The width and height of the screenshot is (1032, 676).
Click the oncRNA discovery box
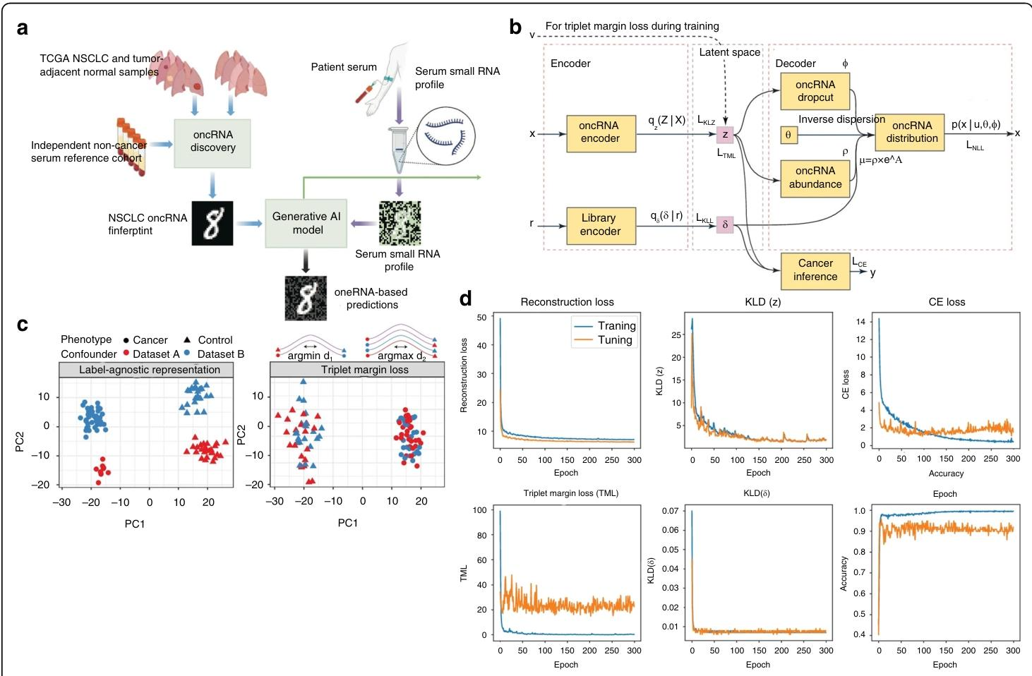[x=212, y=142]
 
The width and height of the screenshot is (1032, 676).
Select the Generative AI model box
[x=307, y=223]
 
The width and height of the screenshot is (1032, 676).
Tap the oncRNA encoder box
[x=600, y=132]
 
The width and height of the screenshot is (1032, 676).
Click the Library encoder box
[x=600, y=225]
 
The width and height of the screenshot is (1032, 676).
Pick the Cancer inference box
[x=815, y=270]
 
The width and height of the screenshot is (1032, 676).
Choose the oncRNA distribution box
[x=911, y=132]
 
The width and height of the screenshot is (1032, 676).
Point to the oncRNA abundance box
[x=815, y=177]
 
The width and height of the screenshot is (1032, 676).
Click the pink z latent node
[x=725, y=134]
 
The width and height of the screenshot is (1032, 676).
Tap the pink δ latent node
[x=725, y=225]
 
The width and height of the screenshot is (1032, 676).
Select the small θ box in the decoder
[x=788, y=134]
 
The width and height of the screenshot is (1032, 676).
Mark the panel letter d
[x=466, y=299]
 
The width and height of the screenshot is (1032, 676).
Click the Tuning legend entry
[x=614, y=340]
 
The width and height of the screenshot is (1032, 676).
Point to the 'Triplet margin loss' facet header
[x=364, y=370]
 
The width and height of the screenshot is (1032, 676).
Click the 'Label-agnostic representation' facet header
[x=149, y=370]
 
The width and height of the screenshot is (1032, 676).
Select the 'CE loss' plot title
[x=946, y=302]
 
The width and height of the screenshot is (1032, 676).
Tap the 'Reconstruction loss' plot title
[x=567, y=302]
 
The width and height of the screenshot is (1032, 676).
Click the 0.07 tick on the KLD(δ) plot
[x=671, y=510]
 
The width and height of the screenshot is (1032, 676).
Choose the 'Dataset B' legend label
[x=220, y=354]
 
